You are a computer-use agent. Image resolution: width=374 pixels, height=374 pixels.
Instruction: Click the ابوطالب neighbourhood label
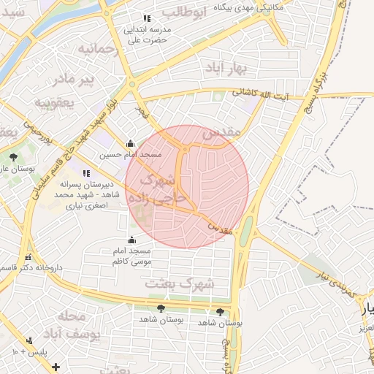(184, 13)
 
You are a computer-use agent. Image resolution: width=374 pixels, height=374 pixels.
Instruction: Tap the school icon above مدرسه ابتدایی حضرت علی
(146, 18)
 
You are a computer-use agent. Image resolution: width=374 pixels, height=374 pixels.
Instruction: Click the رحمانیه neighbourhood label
(98, 50)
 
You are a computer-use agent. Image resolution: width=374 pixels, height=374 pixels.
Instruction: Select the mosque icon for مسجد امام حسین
(130, 143)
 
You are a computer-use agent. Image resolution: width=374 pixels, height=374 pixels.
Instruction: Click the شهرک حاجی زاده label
(158, 188)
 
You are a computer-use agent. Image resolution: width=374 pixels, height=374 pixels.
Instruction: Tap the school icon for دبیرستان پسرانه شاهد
(87, 174)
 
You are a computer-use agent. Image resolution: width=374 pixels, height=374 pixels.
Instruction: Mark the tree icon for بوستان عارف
(12, 156)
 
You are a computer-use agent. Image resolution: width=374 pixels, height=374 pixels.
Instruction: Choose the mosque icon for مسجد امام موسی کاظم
(131, 240)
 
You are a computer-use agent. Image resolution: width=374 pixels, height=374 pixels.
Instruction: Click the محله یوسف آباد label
(70, 325)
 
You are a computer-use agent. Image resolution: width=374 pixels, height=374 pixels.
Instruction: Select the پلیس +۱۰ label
(27, 352)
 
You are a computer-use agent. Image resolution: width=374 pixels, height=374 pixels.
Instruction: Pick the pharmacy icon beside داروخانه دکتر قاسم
(28, 258)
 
